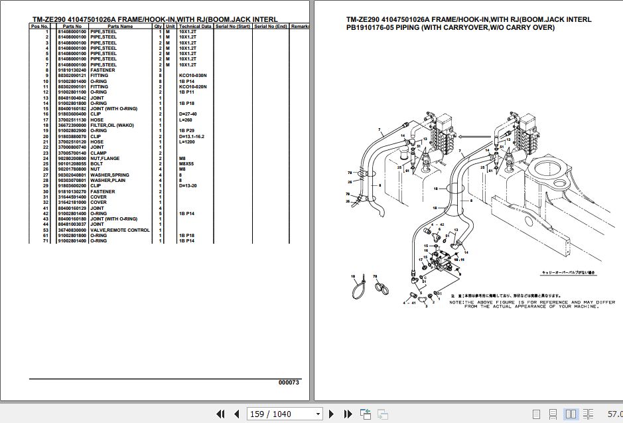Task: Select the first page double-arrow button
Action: coord(221,414)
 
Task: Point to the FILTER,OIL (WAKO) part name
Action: coord(112,125)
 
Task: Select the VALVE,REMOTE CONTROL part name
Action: coord(120,230)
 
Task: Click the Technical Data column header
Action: coord(195,26)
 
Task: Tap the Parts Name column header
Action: coord(121,26)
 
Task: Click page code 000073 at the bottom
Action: coord(289,382)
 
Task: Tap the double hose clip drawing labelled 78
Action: coord(380,288)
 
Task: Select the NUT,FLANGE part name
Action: coord(106,158)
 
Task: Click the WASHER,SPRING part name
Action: coord(109,175)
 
